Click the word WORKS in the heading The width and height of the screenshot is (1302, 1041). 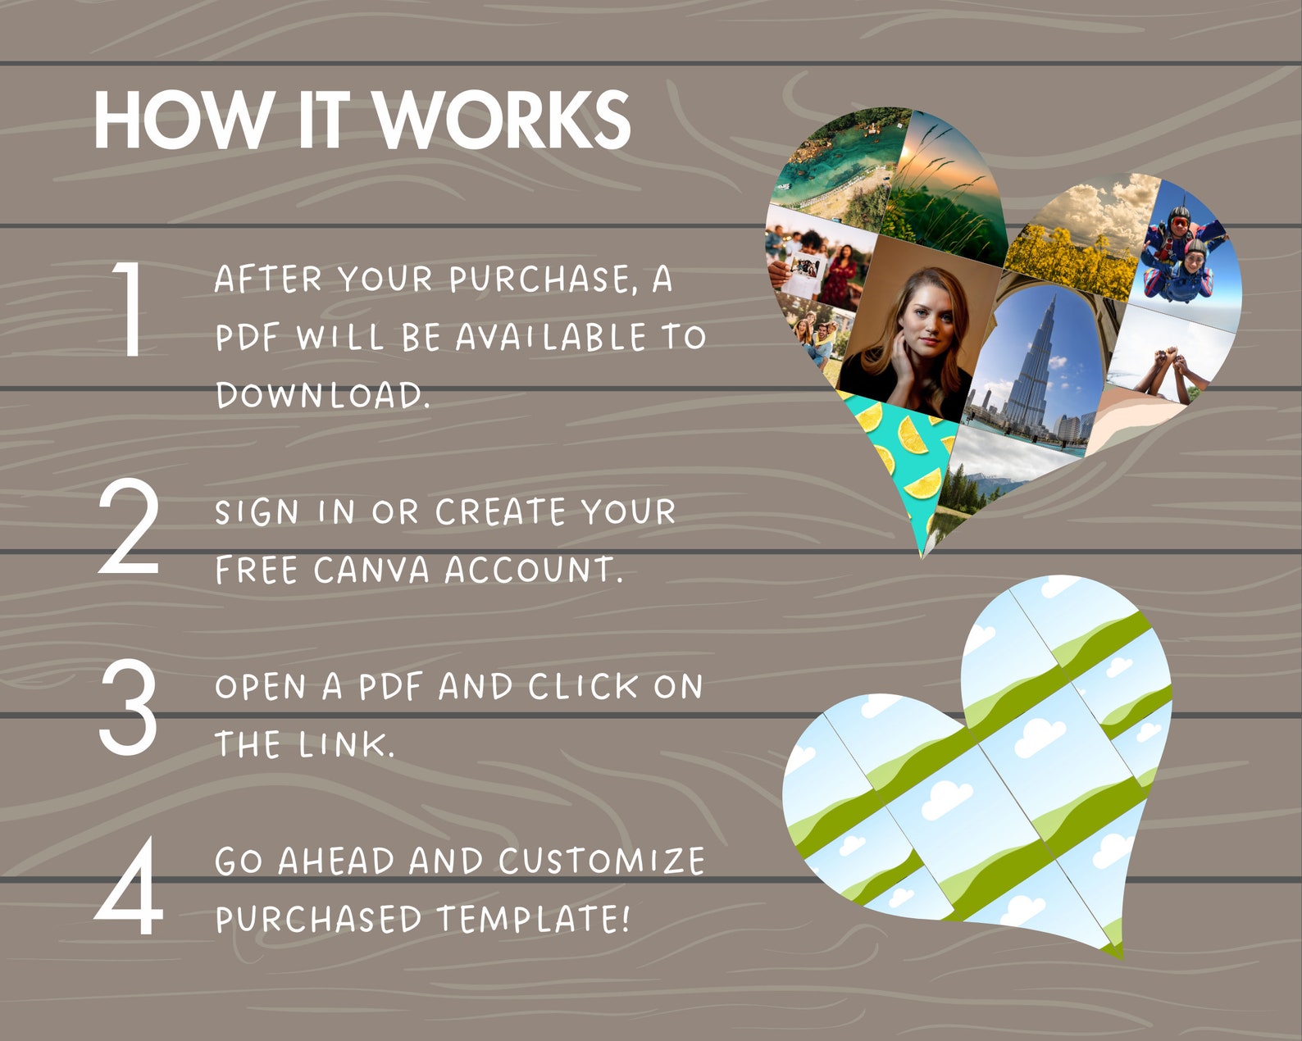[502, 120]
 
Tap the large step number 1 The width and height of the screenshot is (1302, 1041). [131, 309]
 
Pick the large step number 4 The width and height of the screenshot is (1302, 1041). [129, 887]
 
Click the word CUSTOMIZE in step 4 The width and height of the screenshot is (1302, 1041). [601, 861]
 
